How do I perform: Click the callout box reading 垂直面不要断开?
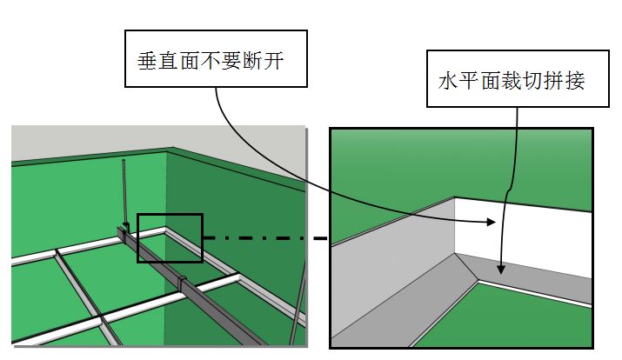[215, 58]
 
